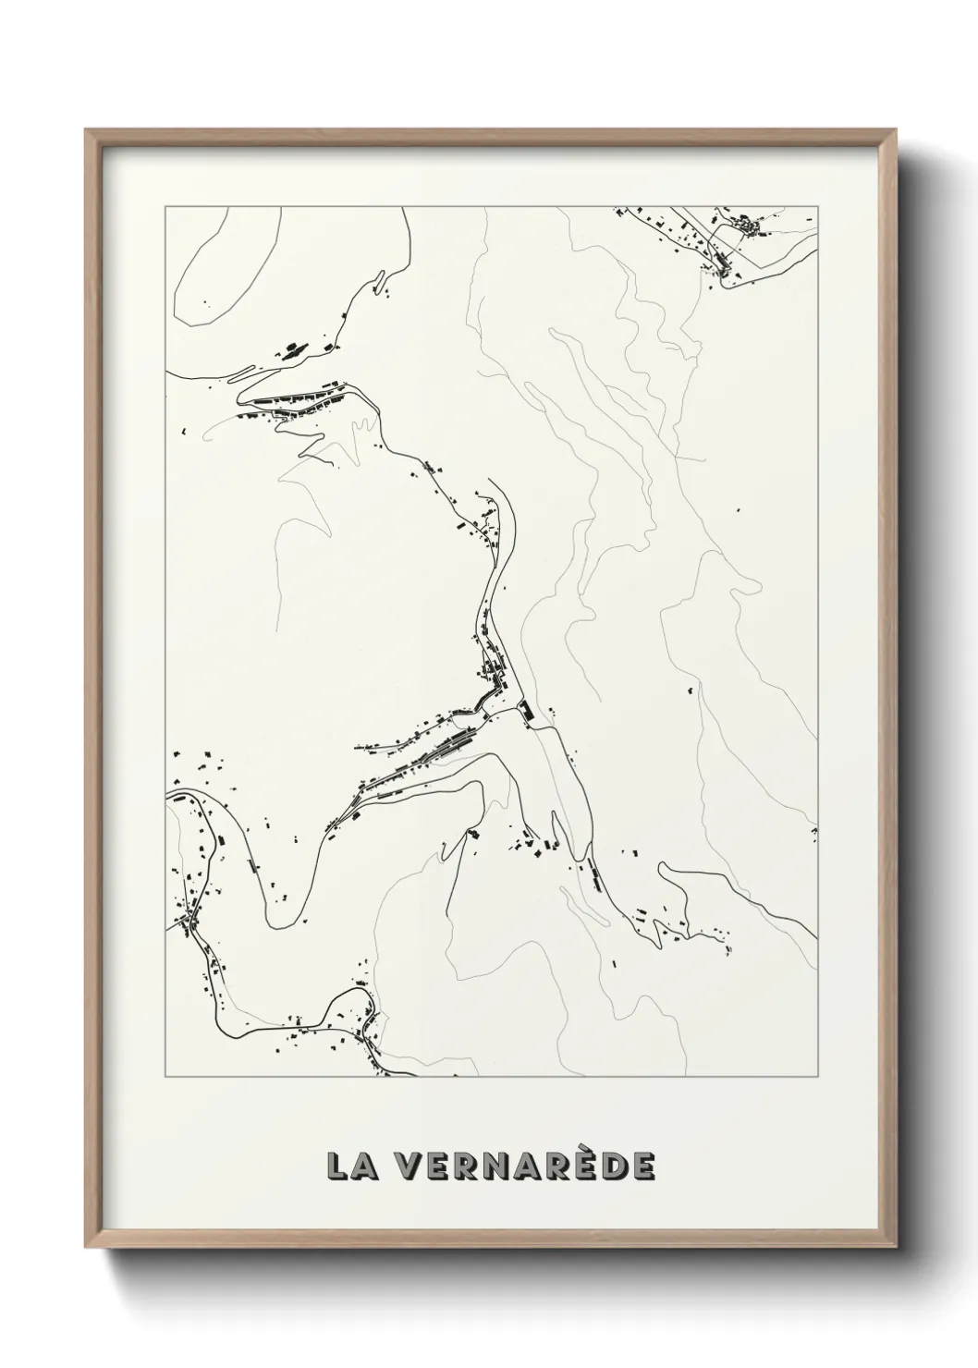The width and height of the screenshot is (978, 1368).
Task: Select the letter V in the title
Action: [402, 1166]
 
